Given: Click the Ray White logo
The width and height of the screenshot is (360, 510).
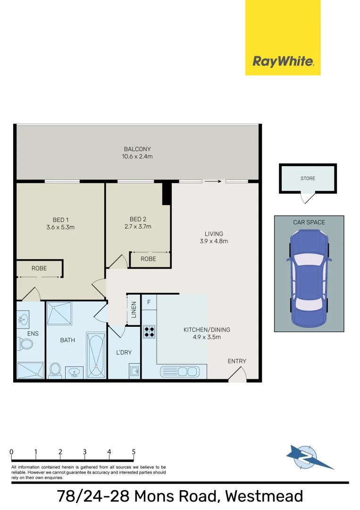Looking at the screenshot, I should pyautogui.click(x=283, y=61).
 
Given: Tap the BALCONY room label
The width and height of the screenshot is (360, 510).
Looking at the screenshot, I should pyautogui.click(x=137, y=149).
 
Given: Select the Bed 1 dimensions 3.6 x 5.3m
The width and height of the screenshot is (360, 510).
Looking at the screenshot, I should pyautogui.click(x=61, y=227).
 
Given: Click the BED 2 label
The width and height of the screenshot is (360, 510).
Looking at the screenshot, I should pyautogui.click(x=138, y=219).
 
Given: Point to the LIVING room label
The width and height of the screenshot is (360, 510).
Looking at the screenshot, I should pyautogui.click(x=214, y=234).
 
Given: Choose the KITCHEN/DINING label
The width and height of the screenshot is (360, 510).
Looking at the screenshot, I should pyautogui.click(x=207, y=330).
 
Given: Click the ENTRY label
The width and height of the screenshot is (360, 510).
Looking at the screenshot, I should pyautogui.click(x=237, y=361).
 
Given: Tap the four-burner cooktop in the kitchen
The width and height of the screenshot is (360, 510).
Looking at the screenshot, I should pyautogui.click(x=149, y=331).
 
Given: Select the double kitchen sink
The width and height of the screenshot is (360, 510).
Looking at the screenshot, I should pyautogui.click(x=180, y=372).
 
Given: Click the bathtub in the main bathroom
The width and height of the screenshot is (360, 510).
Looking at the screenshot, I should pyautogui.click(x=96, y=355).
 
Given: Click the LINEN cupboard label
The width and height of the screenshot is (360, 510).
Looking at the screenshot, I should pyautogui.click(x=134, y=309).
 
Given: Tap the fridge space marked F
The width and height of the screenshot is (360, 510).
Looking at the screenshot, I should pyautogui.click(x=149, y=302).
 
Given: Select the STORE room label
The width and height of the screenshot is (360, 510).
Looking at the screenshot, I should pyautogui.click(x=308, y=178).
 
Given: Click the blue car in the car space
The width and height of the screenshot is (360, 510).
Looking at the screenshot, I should pyautogui.click(x=309, y=279).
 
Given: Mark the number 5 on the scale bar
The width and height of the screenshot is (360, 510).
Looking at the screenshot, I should pyautogui.click(x=134, y=452).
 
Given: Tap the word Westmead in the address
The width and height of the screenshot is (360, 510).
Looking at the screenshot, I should pyautogui.click(x=264, y=496).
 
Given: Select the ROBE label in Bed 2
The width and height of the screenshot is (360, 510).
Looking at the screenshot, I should pyautogui.click(x=149, y=259).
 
